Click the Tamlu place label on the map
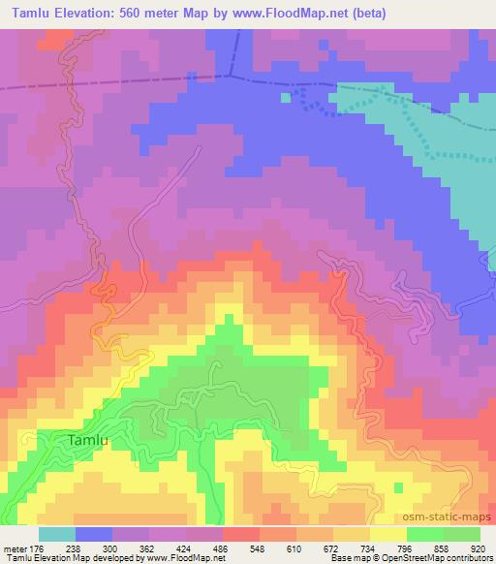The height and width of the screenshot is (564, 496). coord(93,440)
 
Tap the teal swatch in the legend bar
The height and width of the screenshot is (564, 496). coord(56,534)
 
